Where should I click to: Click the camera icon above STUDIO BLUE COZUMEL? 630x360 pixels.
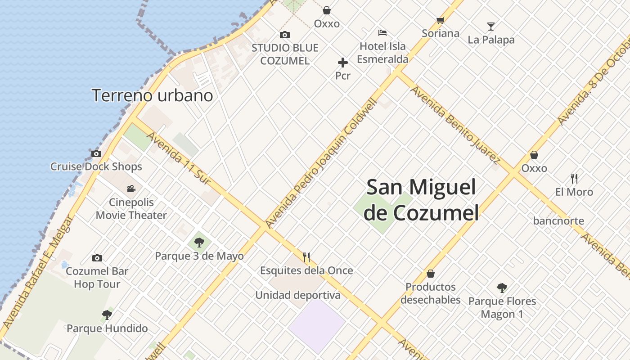(284, 35)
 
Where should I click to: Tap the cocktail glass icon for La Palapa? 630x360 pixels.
(491, 27)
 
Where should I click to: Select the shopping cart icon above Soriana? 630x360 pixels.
(440, 20)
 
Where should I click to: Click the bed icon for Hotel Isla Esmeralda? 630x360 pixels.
(382, 32)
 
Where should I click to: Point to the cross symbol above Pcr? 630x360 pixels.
(343, 63)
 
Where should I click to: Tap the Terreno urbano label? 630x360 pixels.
(152, 95)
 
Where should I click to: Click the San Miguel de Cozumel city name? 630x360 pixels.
(421, 200)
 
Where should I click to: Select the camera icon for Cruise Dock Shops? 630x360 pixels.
(96, 153)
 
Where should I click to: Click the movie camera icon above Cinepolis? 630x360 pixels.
(131, 189)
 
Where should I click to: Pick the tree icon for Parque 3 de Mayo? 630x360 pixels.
(199, 243)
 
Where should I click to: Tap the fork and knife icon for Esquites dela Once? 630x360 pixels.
(306, 257)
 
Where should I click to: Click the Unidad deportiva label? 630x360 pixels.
(298, 295)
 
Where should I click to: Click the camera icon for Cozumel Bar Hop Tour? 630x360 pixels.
(97, 258)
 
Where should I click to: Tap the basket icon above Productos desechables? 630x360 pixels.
(431, 274)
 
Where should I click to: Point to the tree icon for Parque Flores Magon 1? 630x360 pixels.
(502, 288)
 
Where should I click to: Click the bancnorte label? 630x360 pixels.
(558, 221)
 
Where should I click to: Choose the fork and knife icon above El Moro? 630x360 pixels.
(574, 179)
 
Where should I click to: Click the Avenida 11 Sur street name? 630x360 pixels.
(179, 158)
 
